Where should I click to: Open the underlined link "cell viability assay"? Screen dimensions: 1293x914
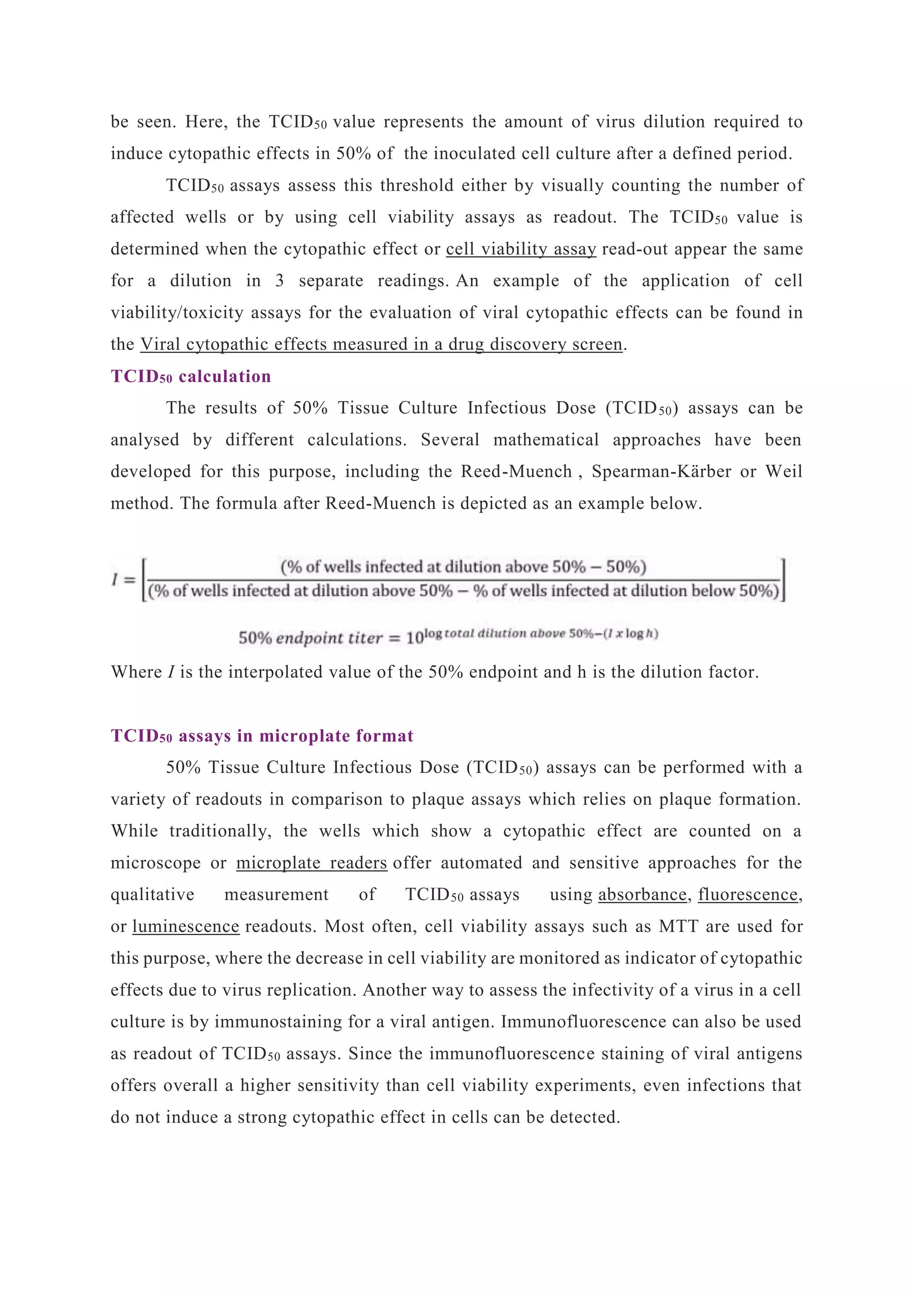coord(521,249)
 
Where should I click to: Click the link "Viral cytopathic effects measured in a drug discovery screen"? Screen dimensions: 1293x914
coord(381,344)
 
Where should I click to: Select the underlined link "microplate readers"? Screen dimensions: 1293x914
coord(311,863)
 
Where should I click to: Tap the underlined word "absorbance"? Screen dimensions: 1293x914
coord(642,895)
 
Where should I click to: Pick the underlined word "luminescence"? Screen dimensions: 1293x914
coord(186,926)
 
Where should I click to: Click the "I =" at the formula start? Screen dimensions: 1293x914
coord(123,580)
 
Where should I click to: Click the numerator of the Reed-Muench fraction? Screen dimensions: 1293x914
coord(463,567)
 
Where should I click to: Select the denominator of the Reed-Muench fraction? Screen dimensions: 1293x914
coord(463,591)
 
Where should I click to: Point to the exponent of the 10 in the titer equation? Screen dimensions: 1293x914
coord(540,634)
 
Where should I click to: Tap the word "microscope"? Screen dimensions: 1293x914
coord(155,863)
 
